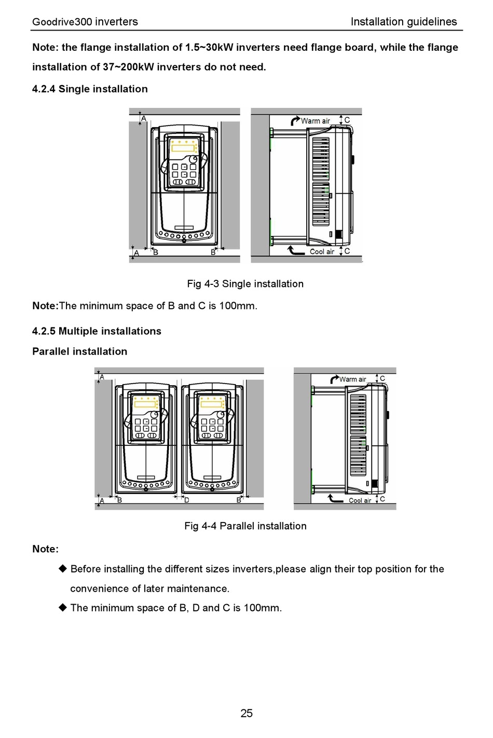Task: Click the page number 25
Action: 246,713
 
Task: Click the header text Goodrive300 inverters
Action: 85,22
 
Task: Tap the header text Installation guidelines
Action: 403,22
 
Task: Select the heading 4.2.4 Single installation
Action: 90,89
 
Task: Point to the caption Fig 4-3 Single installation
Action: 245,284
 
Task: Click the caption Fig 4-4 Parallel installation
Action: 245,526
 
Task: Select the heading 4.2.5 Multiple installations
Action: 97,331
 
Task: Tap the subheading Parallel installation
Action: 79,351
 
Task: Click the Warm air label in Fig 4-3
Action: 316,121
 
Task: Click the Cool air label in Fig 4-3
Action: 322,252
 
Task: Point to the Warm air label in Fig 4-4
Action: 353,379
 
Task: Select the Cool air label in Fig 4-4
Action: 360,501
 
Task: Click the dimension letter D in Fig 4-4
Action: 187,500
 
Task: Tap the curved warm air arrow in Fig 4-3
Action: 295,120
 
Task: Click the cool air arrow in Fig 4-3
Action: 296,251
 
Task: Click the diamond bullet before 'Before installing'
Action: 63,569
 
